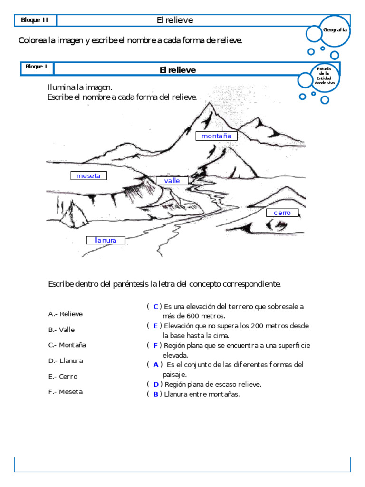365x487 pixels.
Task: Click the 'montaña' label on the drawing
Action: [x=216, y=136]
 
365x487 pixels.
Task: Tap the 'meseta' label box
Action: [x=88, y=176]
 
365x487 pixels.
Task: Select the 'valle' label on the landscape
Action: [x=172, y=181]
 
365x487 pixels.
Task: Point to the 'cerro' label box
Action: [x=282, y=213]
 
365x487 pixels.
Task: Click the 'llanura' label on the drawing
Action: [x=106, y=240]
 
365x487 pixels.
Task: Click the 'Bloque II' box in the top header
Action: [x=35, y=20]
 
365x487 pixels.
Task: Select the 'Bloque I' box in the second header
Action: [x=37, y=67]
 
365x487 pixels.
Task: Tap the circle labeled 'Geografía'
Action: [x=335, y=30]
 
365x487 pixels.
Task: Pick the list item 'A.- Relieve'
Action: [x=66, y=314]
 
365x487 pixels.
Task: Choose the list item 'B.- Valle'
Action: [x=61, y=330]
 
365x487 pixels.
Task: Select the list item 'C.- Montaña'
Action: [x=67, y=345]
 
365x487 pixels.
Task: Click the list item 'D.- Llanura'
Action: [x=66, y=360]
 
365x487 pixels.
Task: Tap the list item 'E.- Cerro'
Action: [x=63, y=376]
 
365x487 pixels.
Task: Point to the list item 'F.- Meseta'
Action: [x=66, y=392]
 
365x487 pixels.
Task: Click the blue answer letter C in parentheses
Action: [x=155, y=307]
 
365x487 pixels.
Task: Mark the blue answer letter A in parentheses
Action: [x=155, y=365]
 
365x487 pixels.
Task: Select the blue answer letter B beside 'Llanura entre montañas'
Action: [x=155, y=394]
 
